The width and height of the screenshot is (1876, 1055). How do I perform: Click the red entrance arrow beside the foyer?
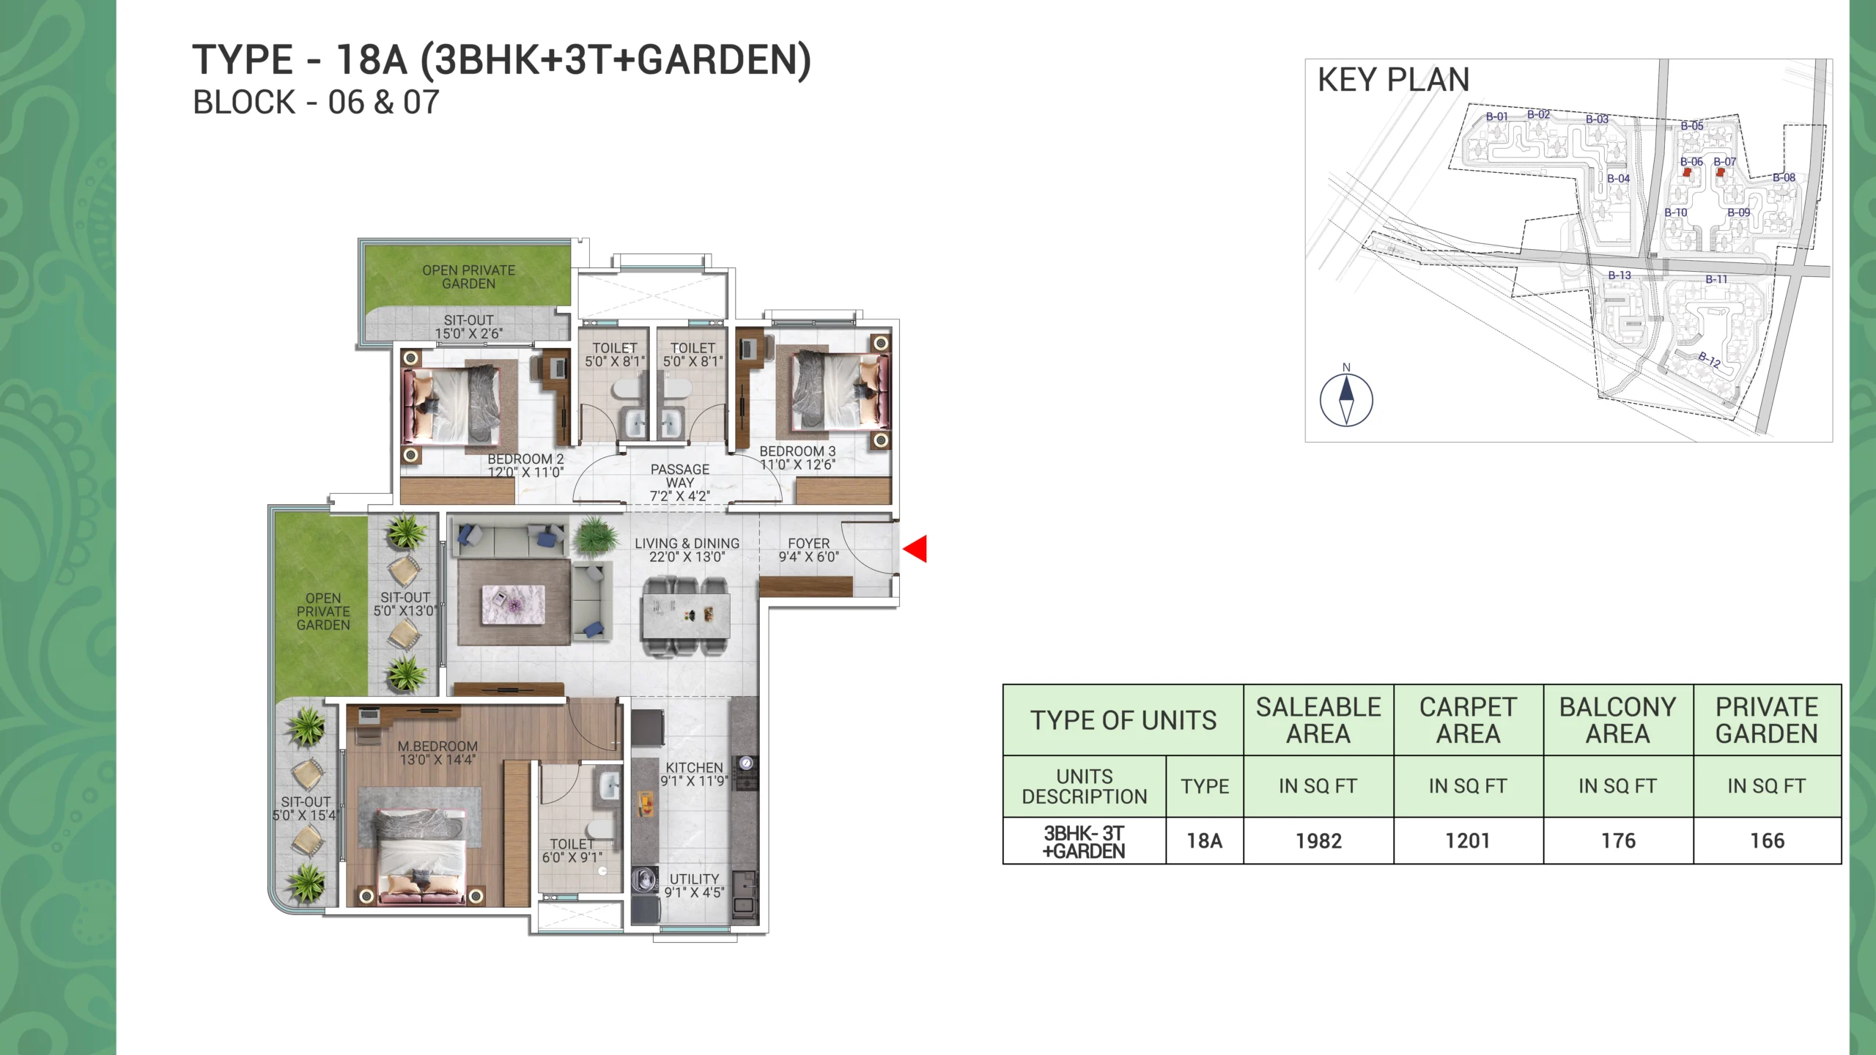click(x=916, y=549)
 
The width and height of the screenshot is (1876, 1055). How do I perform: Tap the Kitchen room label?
click(x=694, y=774)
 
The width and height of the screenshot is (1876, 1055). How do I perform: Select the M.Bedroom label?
click(x=437, y=752)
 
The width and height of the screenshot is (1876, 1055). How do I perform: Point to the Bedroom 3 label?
click(x=797, y=458)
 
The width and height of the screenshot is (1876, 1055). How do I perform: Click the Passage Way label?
click(x=680, y=482)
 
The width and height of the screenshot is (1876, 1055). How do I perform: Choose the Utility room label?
click(x=694, y=885)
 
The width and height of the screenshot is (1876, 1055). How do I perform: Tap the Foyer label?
click(x=809, y=549)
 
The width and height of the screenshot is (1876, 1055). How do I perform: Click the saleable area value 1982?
click(x=1318, y=840)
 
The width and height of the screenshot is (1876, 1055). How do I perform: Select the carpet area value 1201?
click(x=1468, y=840)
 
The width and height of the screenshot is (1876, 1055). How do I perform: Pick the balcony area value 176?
click(x=1618, y=840)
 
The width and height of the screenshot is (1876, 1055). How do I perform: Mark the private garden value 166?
click(x=1768, y=840)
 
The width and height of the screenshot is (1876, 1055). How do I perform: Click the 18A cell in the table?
click(x=1205, y=840)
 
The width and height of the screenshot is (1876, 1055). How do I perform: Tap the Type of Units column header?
click(x=1123, y=720)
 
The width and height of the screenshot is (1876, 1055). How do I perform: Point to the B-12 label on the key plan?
click(x=1710, y=359)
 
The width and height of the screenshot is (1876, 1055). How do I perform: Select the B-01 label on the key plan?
click(x=1497, y=116)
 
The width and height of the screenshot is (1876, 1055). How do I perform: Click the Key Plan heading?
click(x=1394, y=79)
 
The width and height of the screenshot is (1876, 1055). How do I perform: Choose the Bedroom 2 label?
click(x=526, y=465)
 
